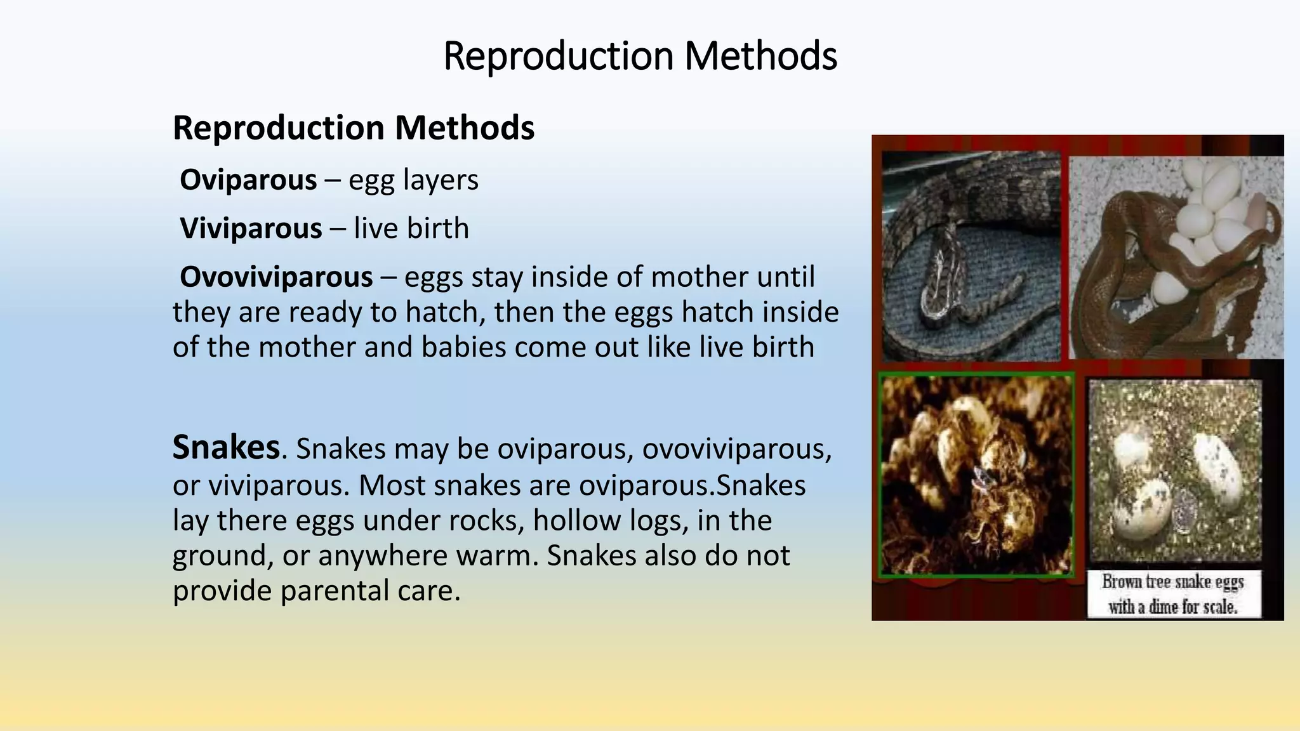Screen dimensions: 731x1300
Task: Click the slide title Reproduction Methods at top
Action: point(640,56)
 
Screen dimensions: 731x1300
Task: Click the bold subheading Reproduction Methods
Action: point(354,128)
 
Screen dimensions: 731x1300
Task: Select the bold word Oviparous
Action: point(248,180)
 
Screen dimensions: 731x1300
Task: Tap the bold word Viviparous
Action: point(251,228)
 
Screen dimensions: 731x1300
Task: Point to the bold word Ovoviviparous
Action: point(276,277)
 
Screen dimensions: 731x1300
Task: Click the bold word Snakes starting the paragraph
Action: point(226,447)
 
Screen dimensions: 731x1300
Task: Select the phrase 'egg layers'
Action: point(413,180)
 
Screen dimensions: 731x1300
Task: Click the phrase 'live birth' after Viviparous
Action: point(411,228)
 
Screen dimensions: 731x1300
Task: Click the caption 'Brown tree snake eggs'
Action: point(1172,581)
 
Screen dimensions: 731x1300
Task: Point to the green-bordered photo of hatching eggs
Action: point(976,475)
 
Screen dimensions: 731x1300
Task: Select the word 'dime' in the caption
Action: point(1163,607)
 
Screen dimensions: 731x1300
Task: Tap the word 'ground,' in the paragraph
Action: point(223,556)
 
